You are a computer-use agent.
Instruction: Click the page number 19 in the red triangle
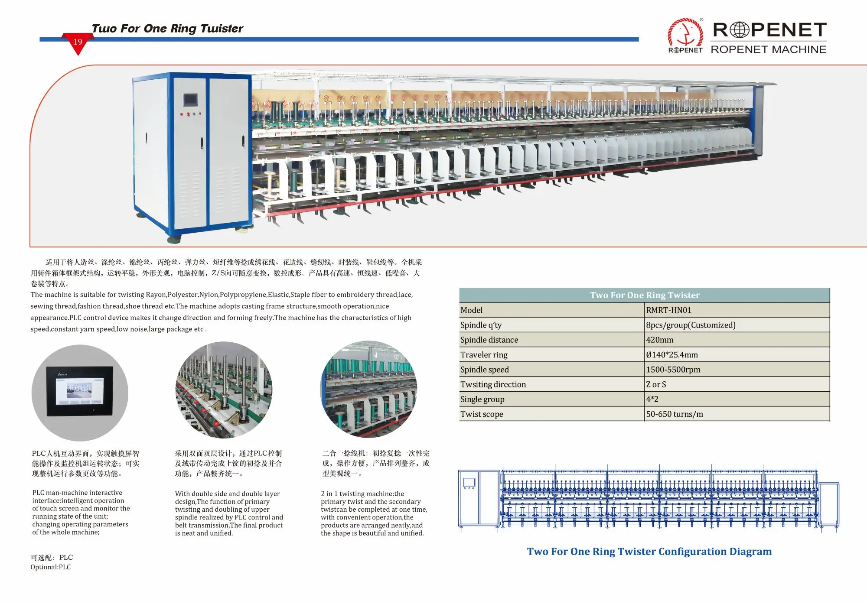pos(78,42)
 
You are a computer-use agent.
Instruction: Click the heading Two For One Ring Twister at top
pos(167,29)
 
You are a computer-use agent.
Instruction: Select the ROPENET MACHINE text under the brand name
pos(768,49)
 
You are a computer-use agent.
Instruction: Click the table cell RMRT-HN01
pos(668,310)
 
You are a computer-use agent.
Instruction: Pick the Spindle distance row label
pos(489,340)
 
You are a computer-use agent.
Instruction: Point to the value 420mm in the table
pos(660,340)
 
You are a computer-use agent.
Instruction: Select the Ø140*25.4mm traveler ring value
pos(672,355)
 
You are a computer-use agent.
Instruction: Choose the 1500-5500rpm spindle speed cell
pos(673,370)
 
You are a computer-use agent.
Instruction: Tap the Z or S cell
pos(656,384)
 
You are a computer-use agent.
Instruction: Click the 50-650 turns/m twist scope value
pos(675,414)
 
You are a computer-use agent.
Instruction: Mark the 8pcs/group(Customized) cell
pos(691,325)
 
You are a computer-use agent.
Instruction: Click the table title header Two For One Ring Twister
pos(645,295)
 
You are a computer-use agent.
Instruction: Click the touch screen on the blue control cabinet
pos(190,100)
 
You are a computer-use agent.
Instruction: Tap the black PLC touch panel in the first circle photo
pos(80,391)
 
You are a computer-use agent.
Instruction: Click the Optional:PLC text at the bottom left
pos(50,567)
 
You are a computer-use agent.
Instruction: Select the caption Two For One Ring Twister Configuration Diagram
pos(649,552)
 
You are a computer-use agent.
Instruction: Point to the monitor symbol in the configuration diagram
pos(469,482)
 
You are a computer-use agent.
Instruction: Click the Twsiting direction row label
pos(493,384)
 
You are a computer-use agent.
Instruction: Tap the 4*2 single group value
pos(652,399)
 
